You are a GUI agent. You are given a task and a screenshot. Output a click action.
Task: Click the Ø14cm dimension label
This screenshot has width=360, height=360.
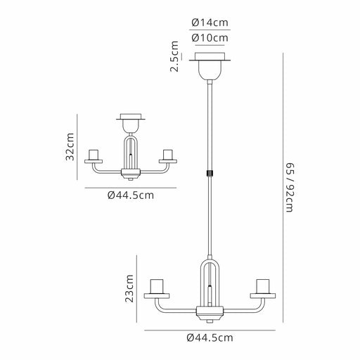point(210,22)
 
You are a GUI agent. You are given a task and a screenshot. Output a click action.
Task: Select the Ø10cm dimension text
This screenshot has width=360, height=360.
point(210,38)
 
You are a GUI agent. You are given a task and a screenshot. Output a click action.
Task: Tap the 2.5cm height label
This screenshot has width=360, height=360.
point(175,56)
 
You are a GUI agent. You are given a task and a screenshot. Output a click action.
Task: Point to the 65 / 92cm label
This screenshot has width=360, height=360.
point(290,188)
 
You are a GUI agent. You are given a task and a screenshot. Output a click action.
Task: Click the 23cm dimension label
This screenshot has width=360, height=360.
point(129,288)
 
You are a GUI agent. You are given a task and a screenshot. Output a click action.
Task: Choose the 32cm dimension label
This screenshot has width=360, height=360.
point(70,147)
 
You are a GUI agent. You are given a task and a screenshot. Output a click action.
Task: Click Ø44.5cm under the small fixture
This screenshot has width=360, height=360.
point(131,195)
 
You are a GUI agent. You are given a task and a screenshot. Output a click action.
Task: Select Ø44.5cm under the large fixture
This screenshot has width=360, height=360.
point(210,337)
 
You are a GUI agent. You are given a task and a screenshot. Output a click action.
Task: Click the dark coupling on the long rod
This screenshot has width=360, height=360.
point(210,173)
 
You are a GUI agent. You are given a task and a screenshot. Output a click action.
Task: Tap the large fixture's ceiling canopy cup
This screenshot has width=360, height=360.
point(210,70)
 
